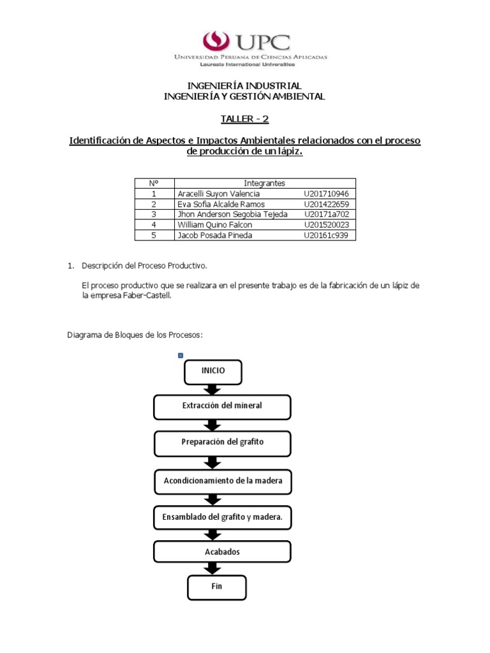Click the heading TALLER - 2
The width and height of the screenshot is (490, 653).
pos(245,119)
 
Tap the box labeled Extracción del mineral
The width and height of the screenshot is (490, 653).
pos(222,406)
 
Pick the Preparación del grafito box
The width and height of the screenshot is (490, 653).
pos(222,443)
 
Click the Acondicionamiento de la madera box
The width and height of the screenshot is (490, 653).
pos(223,481)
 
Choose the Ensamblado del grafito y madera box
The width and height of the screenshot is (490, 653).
pos(223,517)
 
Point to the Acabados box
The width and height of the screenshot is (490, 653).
pos(223,552)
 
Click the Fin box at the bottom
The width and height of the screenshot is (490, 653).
pos(216,587)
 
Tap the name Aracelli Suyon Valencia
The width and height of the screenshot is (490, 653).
pos(218,194)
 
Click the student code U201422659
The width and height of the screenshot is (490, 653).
pos(327,204)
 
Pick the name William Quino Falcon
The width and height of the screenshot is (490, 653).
pos(215,225)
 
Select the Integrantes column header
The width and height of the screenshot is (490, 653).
pos(264,184)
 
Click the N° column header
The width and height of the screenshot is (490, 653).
pos(154,184)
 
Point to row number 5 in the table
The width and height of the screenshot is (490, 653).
pos(154,235)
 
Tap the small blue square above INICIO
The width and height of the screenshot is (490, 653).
pos(181,355)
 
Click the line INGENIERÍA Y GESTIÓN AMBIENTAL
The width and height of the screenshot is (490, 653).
pos(244,96)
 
